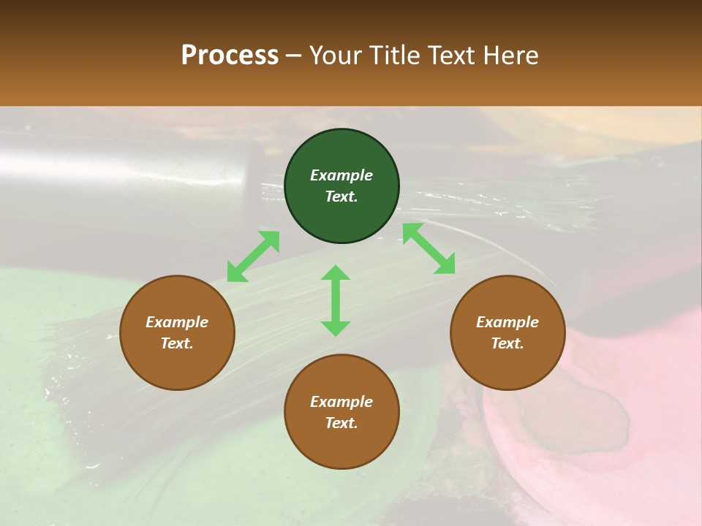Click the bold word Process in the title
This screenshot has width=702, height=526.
[230, 55]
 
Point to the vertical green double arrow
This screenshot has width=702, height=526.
[336, 300]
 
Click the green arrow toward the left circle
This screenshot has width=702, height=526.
[253, 256]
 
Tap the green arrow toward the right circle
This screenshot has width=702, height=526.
[429, 248]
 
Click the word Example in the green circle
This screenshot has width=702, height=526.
[341, 175]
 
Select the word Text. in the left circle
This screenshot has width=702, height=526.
[177, 343]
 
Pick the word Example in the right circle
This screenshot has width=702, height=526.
[507, 322]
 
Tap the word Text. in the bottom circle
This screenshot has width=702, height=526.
[341, 423]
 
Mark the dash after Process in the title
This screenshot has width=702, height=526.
[294, 56]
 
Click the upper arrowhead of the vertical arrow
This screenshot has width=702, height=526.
[336, 274]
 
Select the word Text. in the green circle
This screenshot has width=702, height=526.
[341, 197]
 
